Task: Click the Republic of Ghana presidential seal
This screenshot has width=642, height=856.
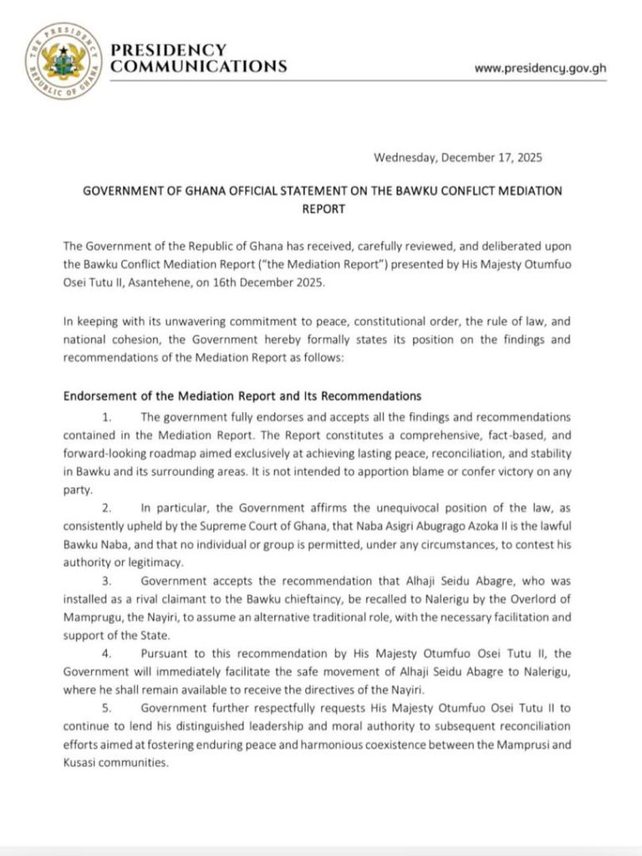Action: pos(59,59)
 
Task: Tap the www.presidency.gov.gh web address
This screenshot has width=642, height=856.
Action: pos(540,68)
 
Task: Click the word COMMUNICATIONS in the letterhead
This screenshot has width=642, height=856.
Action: pos(199,66)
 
